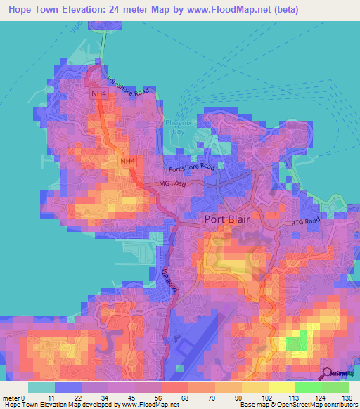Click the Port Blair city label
tap(228, 219)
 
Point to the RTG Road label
tap(307, 222)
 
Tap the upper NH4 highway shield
tap(98, 93)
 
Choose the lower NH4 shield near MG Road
tap(127, 161)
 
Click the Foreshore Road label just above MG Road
tap(191, 167)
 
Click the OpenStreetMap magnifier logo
tap(328, 373)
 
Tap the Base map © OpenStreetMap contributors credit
tap(298, 405)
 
